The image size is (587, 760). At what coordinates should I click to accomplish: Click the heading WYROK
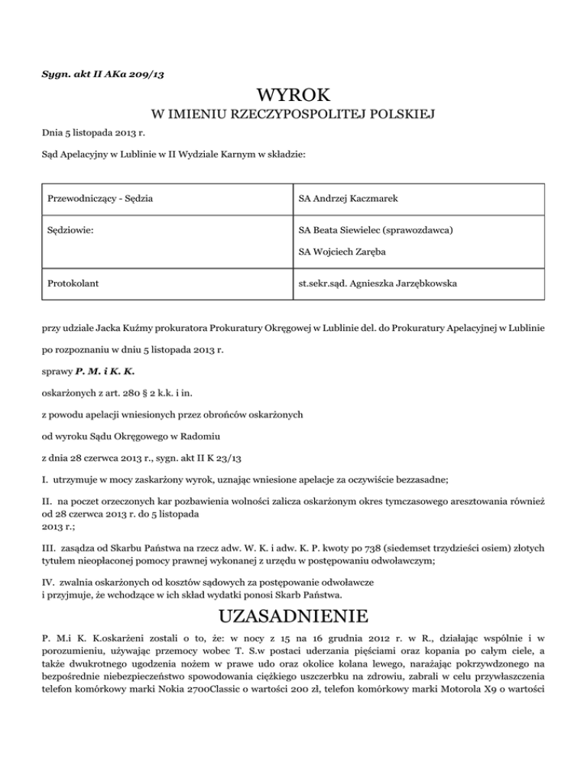[293, 96]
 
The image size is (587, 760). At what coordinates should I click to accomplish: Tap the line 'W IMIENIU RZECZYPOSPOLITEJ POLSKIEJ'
[293, 116]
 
